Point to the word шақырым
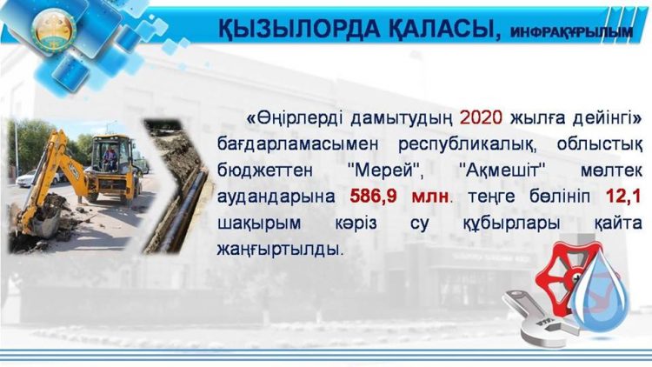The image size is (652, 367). [x=256, y=223]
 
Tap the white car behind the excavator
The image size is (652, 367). [x=26, y=178]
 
